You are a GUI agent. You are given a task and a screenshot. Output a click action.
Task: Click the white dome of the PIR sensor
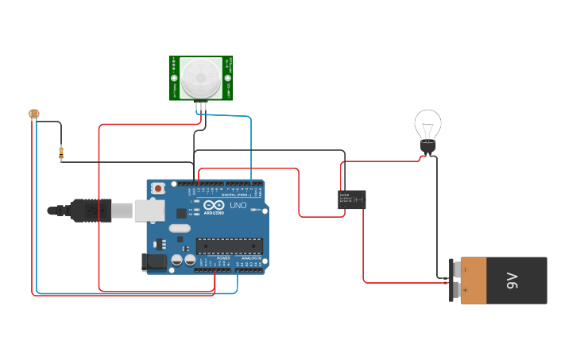(200, 76)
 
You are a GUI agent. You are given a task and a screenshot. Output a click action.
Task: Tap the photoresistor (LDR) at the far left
(33, 114)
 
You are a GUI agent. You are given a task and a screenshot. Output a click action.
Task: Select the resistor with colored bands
(61, 153)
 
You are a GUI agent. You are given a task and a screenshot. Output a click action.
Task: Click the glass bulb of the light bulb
(427, 124)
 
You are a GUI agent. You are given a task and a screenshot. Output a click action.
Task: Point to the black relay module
(352, 199)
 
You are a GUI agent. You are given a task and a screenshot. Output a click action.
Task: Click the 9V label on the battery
(512, 280)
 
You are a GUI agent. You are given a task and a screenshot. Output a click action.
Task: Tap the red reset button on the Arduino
(158, 188)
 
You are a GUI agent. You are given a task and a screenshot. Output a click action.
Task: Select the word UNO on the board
(238, 205)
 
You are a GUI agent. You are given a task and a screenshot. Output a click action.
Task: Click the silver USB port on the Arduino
(149, 210)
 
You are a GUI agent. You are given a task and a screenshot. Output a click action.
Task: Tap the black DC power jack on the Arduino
(153, 261)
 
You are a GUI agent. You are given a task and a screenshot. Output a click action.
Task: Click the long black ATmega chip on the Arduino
(229, 248)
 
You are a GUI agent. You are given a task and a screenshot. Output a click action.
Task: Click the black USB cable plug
(89, 210)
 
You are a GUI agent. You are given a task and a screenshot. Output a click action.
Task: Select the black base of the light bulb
(427, 146)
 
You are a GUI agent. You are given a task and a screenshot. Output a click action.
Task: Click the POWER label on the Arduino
(223, 258)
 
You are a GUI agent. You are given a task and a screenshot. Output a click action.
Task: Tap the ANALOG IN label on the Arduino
(252, 258)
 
